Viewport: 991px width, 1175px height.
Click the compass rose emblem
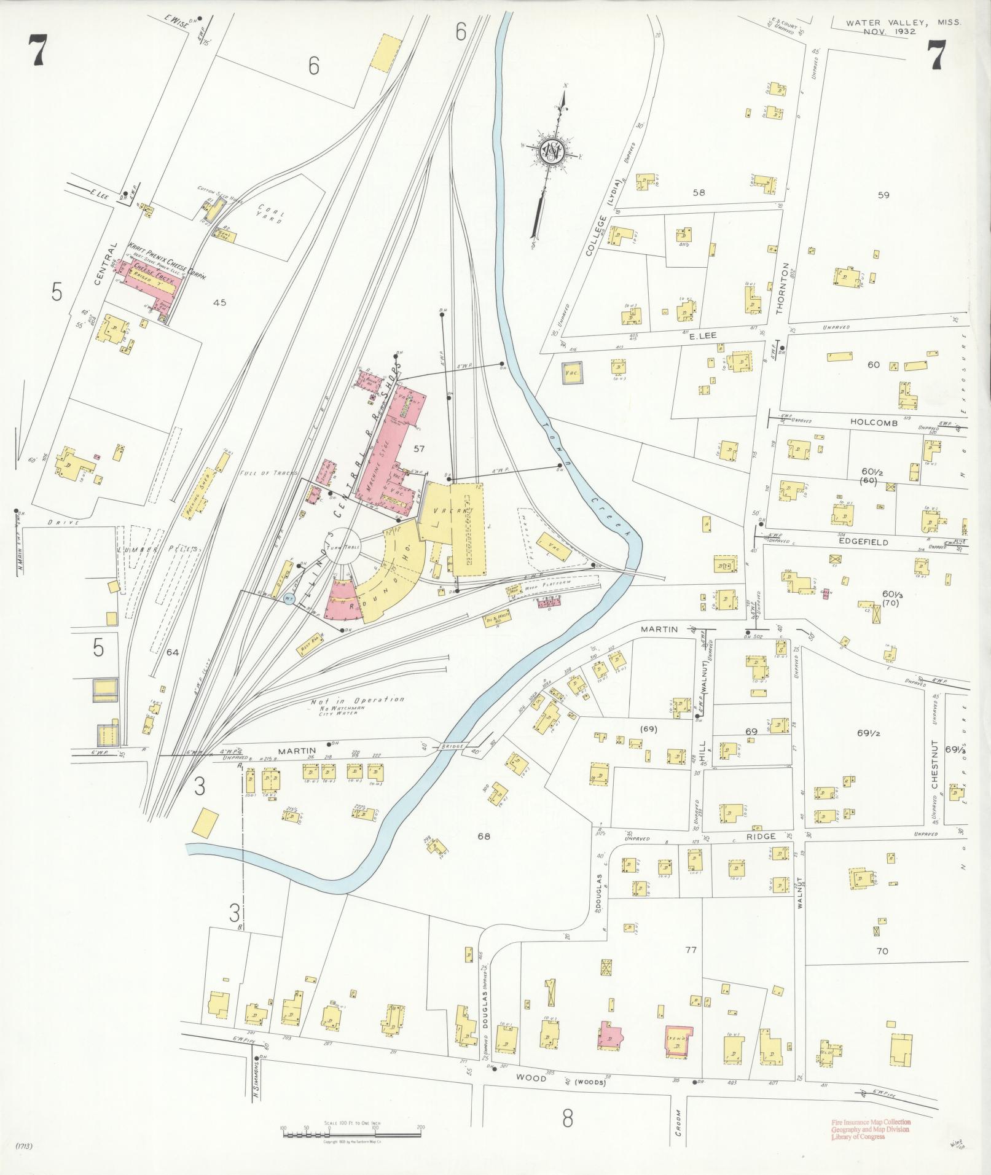(x=551, y=152)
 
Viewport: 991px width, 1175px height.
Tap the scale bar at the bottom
(x=351, y=1129)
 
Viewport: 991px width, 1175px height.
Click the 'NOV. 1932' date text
(x=889, y=31)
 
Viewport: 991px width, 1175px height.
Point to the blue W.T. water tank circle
(x=289, y=597)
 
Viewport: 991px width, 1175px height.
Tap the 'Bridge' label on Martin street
(x=450, y=746)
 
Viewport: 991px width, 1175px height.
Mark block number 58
(x=699, y=192)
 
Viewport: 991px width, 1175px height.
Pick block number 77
(x=691, y=950)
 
